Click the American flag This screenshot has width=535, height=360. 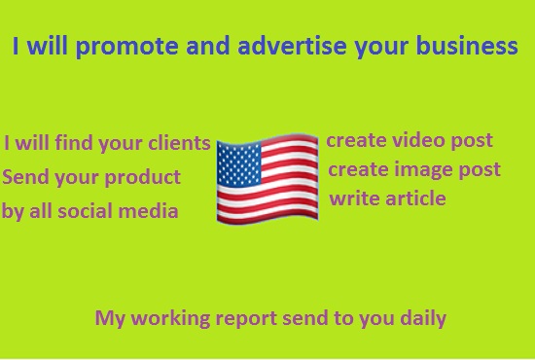pyautogui.click(x=267, y=180)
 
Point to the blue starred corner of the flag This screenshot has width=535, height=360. pyautogui.click(x=238, y=161)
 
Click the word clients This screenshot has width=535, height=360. pyautogui.click(x=178, y=144)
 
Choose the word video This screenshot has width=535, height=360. pyautogui.click(x=413, y=141)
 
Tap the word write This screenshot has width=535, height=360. pyautogui.click(x=352, y=198)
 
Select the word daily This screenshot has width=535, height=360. pyautogui.click(x=419, y=317)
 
